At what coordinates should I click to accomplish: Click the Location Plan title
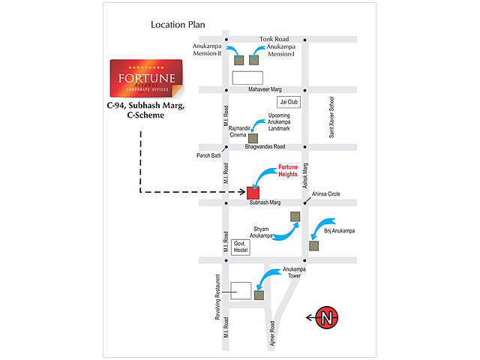(178, 25)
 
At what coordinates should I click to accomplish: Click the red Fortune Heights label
(289, 170)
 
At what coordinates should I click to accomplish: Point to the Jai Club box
(289, 101)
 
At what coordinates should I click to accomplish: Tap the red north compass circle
(326, 318)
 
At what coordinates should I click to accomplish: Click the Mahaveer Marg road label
(268, 90)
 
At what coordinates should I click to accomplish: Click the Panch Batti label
(209, 156)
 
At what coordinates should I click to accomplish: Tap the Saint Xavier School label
(331, 118)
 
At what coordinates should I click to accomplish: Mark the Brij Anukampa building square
(313, 244)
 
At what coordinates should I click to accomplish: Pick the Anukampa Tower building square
(259, 295)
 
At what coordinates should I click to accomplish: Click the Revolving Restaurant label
(217, 298)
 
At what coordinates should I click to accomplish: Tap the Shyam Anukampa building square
(295, 217)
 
